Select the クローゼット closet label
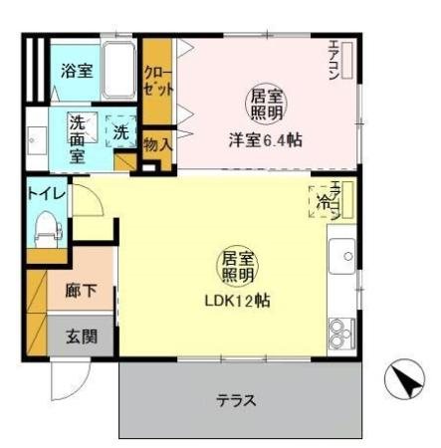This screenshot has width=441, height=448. (154, 80)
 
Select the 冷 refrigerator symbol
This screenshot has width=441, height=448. (325, 201)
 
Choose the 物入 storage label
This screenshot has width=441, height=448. (156, 145)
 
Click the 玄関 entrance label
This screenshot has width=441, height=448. (82, 336)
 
